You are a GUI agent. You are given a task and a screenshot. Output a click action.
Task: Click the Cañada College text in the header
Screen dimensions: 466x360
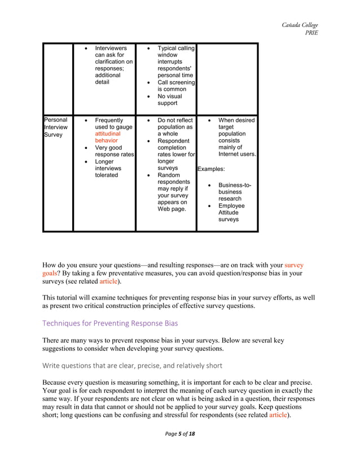pyautogui.click(x=300, y=25)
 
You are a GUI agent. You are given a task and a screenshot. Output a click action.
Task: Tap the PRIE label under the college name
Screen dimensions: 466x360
pyautogui.click(x=311, y=33)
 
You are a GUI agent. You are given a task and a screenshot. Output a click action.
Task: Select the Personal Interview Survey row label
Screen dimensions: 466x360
pyautogui.click(x=56, y=128)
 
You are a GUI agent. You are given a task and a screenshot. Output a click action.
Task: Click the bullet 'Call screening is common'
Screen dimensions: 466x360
pyautogui.click(x=175, y=86)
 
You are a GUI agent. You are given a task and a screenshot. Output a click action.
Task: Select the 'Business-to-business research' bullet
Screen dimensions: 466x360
pyautogui.click(x=235, y=192)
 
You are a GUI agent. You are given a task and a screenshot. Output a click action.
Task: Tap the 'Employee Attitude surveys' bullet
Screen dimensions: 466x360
pyautogui.click(x=231, y=213)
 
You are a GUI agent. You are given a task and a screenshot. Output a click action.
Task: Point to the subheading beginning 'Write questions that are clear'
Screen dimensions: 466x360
pyautogui.click(x=133, y=365)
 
